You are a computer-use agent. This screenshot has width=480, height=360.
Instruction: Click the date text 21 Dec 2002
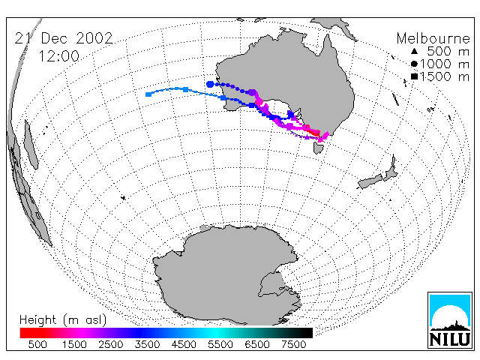64,38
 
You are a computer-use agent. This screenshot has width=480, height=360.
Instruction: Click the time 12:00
58,56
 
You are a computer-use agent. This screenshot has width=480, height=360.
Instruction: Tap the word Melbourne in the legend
433,38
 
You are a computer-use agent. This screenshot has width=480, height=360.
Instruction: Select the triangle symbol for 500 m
414,51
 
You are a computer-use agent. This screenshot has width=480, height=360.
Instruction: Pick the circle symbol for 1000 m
414,64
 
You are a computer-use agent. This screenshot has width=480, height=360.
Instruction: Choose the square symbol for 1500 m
414,76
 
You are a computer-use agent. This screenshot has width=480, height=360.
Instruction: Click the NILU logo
450,320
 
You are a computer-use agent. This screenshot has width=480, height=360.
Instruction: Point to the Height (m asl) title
63,320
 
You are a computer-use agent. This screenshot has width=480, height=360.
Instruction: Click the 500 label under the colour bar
37,345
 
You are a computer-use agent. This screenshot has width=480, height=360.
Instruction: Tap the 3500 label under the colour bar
147,345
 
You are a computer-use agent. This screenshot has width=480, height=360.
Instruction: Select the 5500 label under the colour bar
220,345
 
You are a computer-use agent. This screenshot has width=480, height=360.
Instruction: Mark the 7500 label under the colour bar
293,345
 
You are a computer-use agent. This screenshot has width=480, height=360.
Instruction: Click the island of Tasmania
318,148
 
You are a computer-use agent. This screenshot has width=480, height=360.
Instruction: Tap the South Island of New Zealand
370,181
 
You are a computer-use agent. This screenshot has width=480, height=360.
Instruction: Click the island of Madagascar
31,145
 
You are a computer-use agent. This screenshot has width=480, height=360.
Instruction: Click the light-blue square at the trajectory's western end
148,94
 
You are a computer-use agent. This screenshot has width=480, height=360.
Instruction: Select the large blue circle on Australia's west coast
210,84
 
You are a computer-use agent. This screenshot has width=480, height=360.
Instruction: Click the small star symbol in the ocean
123,198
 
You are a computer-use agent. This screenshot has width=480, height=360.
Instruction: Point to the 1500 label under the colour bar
74,345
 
